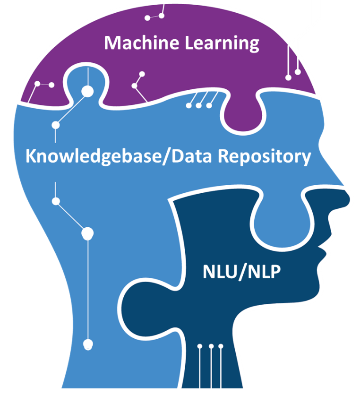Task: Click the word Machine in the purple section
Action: [141, 43]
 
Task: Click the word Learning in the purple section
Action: [222, 43]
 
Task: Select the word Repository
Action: [265, 157]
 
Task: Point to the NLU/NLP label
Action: [241, 272]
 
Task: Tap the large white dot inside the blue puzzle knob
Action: [88, 91]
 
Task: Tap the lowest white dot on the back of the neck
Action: [88, 344]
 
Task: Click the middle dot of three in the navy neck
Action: [211, 346]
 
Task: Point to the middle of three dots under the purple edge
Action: [199, 105]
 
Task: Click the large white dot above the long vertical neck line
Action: [87, 233]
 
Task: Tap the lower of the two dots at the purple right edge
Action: [288, 77]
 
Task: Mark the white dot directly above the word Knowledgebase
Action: [56, 125]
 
